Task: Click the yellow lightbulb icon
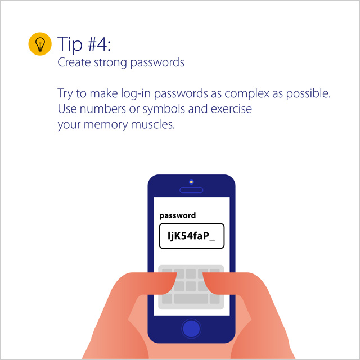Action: [x=40, y=44]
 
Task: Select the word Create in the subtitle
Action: [x=73, y=62]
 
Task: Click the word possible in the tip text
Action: [x=308, y=93]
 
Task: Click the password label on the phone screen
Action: [x=178, y=215]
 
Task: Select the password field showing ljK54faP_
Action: [x=191, y=236]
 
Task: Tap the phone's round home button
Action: [x=191, y=328]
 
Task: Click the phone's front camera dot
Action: [x=191, y=182]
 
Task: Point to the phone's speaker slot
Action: [x=191, y=190]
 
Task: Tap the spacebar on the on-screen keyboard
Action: [x=191, y=298]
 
